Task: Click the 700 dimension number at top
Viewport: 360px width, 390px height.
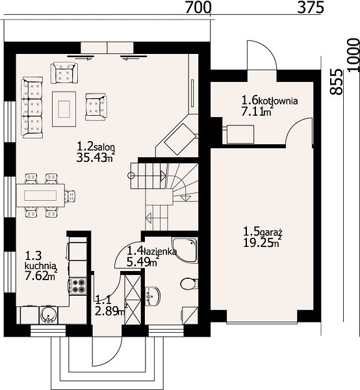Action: (x=198, y=7)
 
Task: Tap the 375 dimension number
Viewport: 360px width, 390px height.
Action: (x=311, y=7)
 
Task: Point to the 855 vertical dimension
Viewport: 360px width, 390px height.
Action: (x=337, y=82)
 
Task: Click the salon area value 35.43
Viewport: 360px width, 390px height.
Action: (x=92, y=157)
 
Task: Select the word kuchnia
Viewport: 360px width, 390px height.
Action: (x=40, y=265)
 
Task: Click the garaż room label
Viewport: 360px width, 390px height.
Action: (x=271, y=233)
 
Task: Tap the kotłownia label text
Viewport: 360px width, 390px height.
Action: (x=278, y=101)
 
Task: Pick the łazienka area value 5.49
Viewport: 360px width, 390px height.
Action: (x=138, y=262)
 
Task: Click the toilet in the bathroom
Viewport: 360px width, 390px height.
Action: (x=189, y=284)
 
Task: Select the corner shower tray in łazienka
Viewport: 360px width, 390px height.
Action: (x=185, y=250)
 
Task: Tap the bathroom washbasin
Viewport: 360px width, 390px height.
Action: (x=153, y=296)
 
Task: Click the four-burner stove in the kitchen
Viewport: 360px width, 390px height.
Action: (x=79, y=285)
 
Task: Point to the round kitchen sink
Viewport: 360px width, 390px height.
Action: (x=48, y=315)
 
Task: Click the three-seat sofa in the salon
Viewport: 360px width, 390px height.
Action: (x=32, y=107)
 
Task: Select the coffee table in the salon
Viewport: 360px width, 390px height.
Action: (x=64, y=109)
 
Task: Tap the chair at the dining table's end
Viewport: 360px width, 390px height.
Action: (x=70, y=196)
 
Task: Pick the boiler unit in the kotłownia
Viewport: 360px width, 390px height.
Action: (x=240, y=135)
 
